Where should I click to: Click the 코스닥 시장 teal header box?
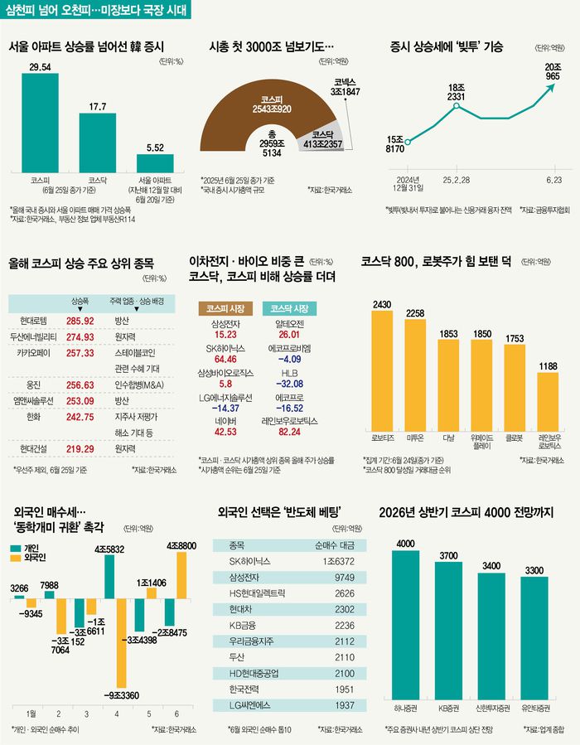tap(289, 307)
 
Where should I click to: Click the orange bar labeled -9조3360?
tap(121, 638)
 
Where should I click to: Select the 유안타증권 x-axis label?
tap(535, 709)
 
